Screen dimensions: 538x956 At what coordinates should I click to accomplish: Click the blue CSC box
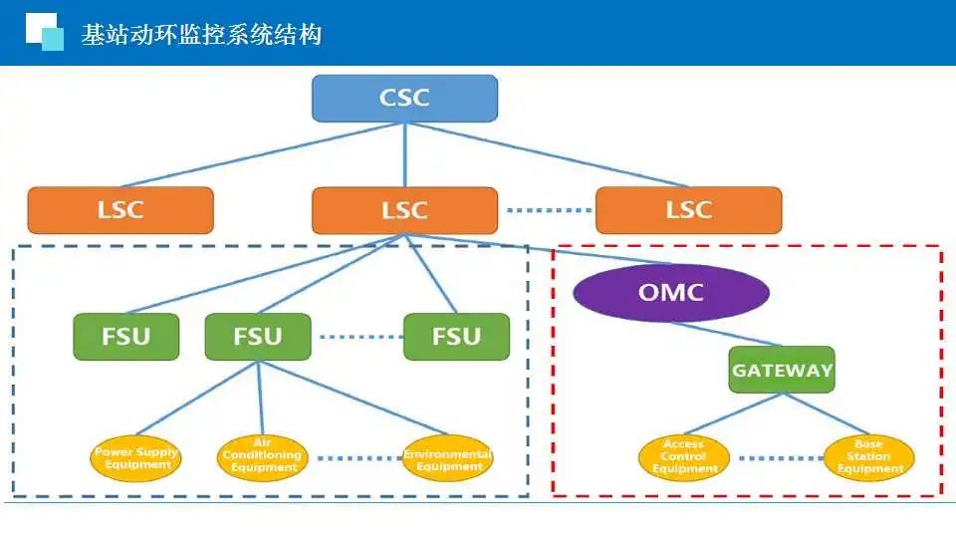click(404, 98)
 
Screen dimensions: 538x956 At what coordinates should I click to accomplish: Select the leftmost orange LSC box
click(120, 210)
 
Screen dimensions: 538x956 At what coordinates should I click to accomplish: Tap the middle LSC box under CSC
click(404, 210)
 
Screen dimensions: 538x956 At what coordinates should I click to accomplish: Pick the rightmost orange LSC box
click(688, 210)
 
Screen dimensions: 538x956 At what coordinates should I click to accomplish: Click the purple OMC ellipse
click(671, 293)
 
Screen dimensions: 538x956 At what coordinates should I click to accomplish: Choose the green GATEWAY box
click(782, 370)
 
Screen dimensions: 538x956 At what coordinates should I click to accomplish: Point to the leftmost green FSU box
click(126, 337)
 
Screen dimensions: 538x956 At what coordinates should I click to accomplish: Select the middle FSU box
click(258, 337)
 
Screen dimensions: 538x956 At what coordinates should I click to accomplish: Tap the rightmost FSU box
click(456, 337)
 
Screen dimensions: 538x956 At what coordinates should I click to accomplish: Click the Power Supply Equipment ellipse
click(136, 458)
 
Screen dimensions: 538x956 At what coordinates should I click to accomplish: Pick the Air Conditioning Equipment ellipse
click(262, 457)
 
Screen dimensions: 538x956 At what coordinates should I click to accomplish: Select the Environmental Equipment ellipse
click(447, 458)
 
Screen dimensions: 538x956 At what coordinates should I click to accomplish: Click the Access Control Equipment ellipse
click(684, 457)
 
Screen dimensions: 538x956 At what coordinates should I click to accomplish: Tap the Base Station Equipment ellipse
click(869, 457)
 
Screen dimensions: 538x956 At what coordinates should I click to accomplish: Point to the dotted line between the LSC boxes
click(546, 210)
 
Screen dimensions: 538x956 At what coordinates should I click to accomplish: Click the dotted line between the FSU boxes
click(357, 337)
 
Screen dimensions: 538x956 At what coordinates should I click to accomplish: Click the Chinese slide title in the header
click(202, 35)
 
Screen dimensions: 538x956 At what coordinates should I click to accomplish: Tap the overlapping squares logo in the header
click(44, 32)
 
